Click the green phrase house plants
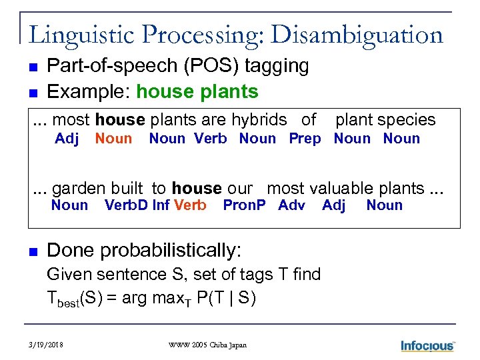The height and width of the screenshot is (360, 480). [197, 91]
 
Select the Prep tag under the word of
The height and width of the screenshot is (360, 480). [305, 139]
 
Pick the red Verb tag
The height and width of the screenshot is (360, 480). [190, 205]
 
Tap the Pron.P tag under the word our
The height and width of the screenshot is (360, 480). [243, 205]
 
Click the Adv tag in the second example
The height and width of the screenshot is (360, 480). [291, 205]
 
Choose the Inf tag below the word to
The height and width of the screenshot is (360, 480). [161, 205]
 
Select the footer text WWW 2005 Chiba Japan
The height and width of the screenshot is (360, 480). [207, 345]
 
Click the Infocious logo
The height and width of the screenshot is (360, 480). [427, 345]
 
